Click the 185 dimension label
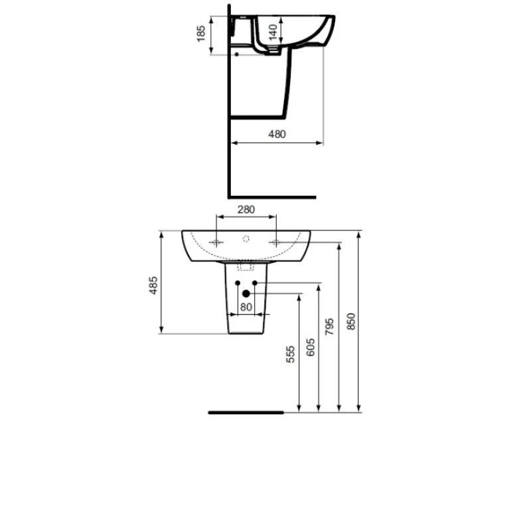coord(201,33)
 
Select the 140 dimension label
coord(273,32)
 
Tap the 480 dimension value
coord(277,135)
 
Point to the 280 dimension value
coord(246,210)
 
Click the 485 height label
coord(153,285)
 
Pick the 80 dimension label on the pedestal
coord(246,307)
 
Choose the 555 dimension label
coord(291,354)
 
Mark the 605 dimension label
coord(311,347)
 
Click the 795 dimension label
coord(329,327)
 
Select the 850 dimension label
coord(351,321)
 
